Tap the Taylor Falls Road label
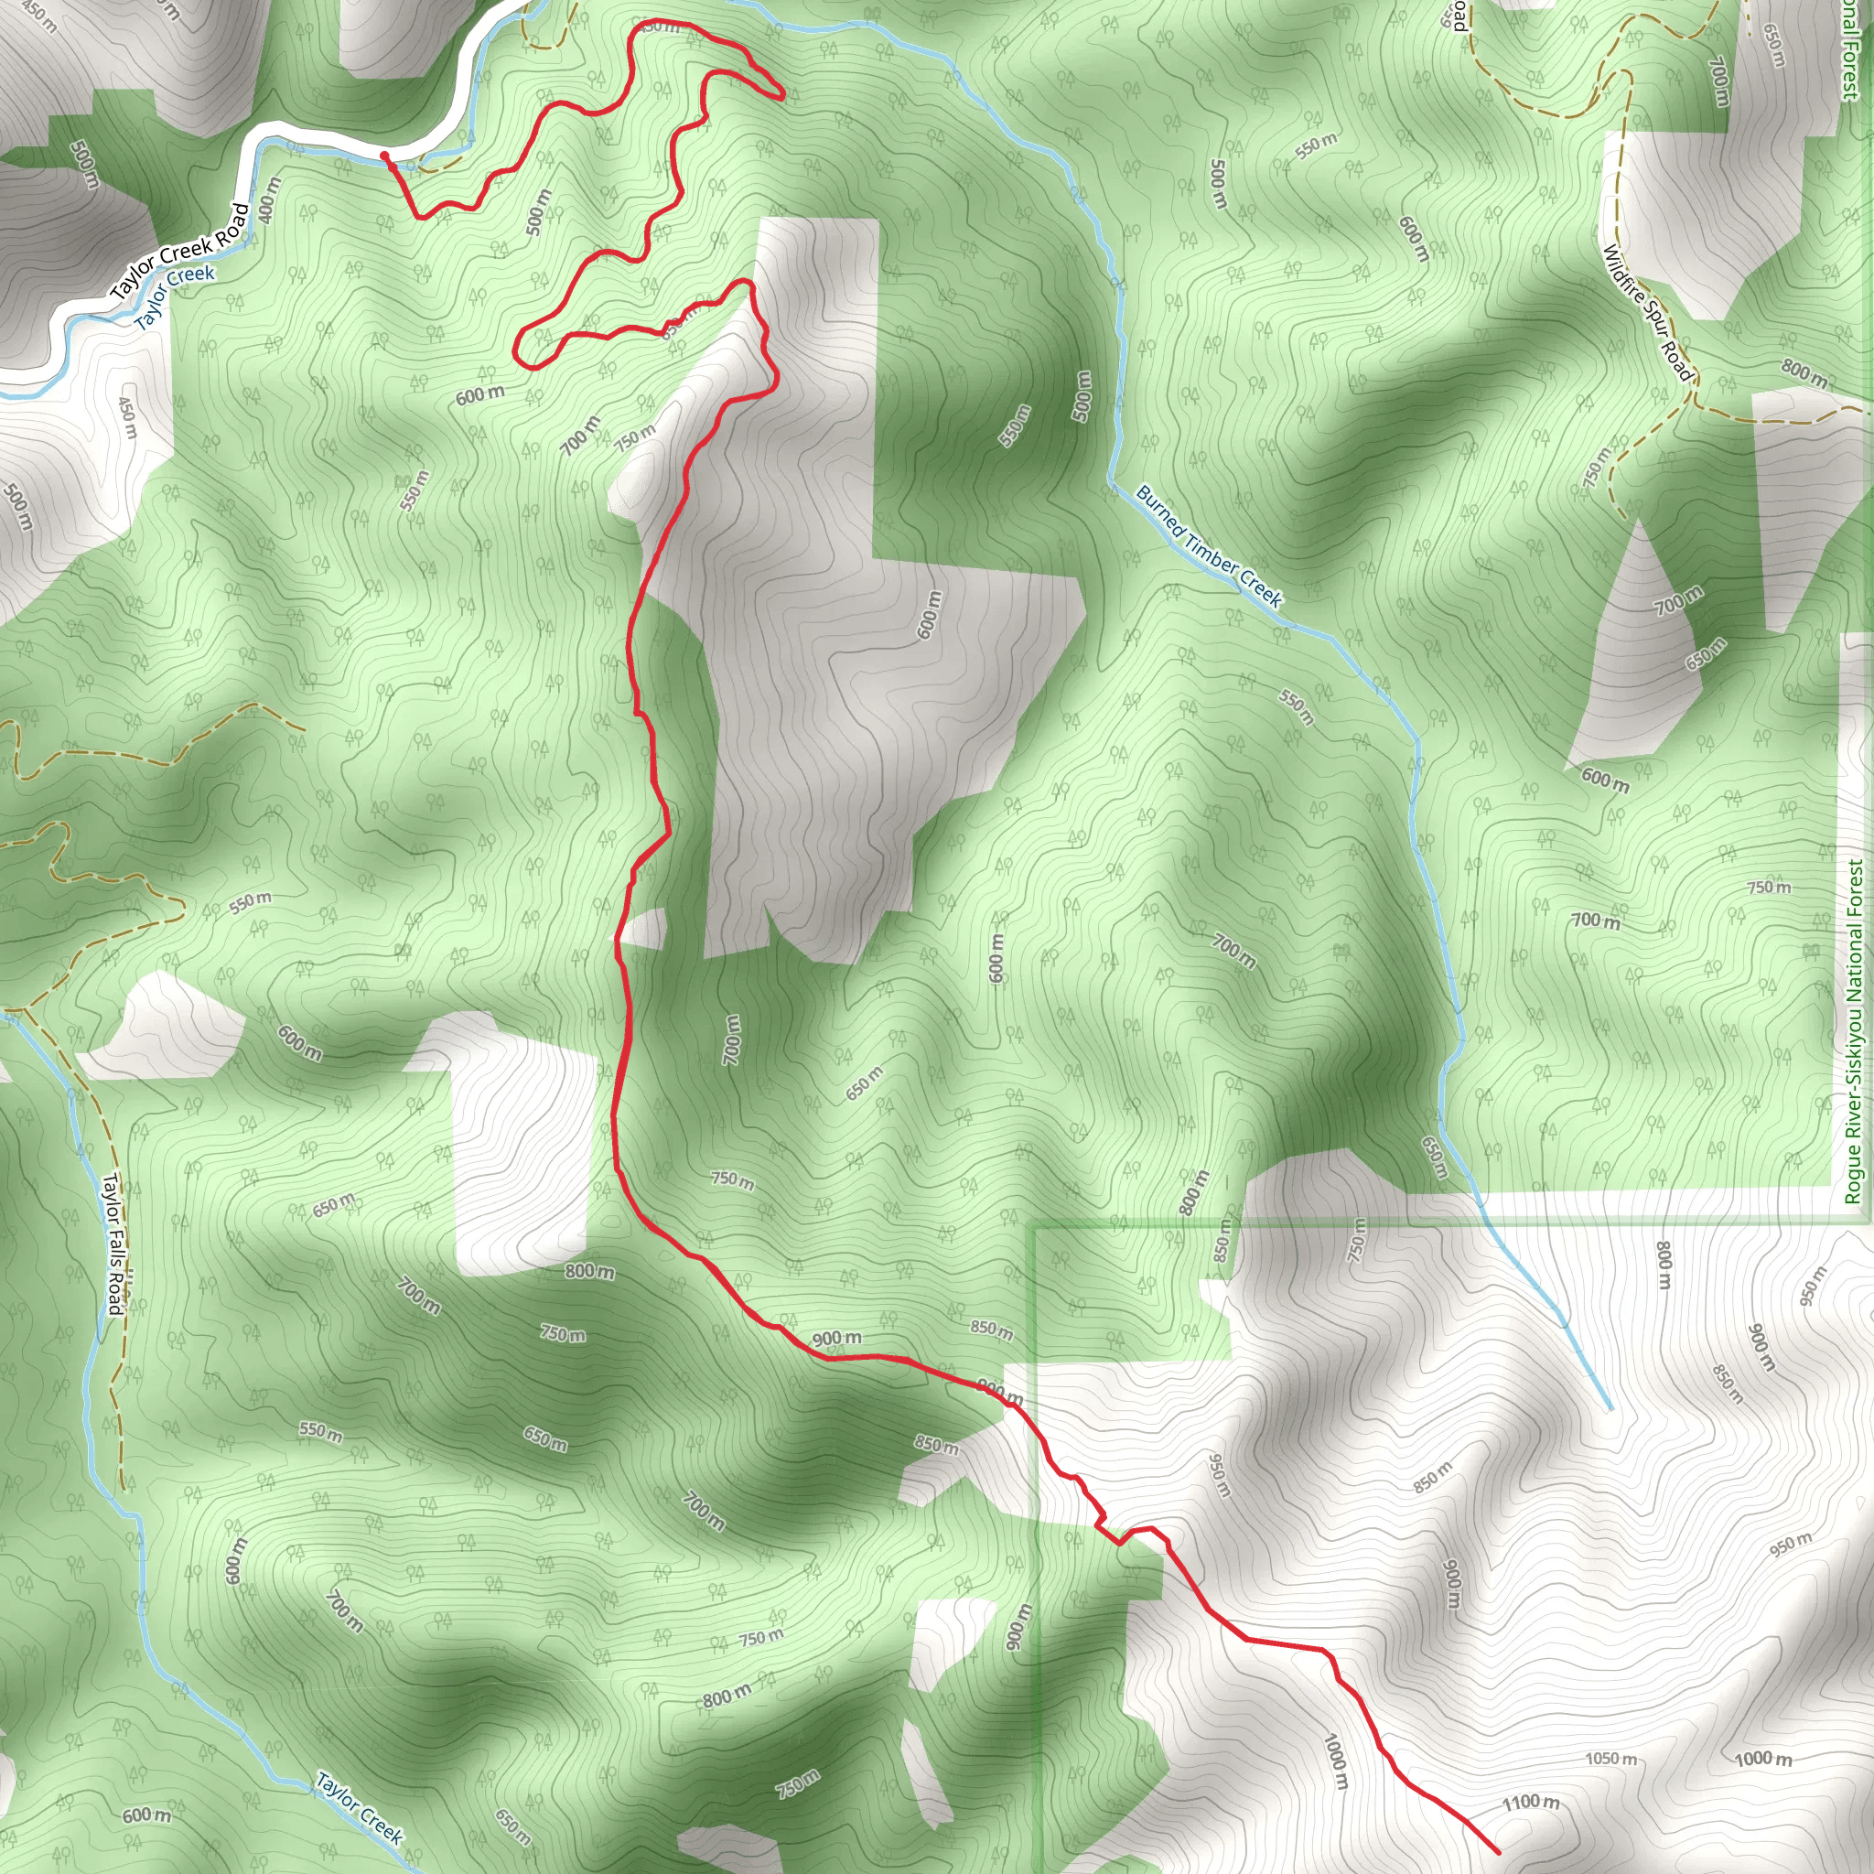[113, 1244]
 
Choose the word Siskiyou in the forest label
[1855, 1019]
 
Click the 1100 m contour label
[1531, 1803]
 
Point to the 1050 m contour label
[1611, 1759]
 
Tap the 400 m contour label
[271, 199]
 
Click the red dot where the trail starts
[385, 156]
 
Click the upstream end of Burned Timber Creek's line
[1610, 1407]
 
